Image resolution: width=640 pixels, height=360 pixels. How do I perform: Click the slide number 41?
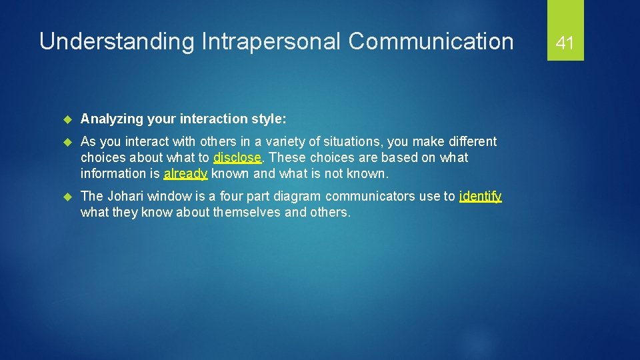point(565,44)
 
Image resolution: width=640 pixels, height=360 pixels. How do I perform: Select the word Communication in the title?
point(431,42)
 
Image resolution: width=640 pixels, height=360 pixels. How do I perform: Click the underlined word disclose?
point(237,158)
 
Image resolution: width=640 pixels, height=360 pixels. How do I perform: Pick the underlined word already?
point(185,174)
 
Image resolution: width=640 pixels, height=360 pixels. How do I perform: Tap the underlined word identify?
point(480,197)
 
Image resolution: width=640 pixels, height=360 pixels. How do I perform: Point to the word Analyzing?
point(110,119)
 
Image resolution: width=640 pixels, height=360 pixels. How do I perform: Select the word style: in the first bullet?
point(269,119)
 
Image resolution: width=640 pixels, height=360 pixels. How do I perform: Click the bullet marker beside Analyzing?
point(66,119)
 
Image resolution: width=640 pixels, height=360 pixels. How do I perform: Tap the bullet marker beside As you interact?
point(66,142)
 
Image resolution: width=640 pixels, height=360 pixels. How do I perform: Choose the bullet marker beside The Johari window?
point(66,197)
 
